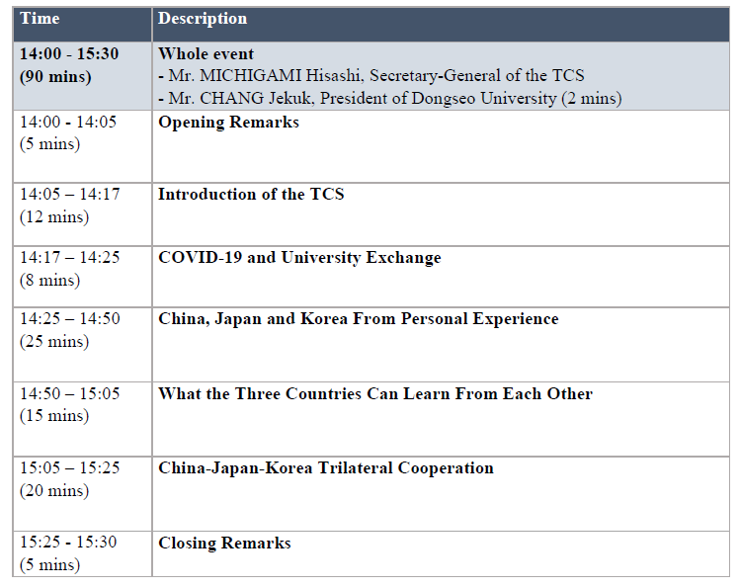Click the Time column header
(40, 19)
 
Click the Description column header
(203, 19)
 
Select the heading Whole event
(206, 53)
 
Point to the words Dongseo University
(484, 98)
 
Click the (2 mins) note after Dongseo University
(592, 98)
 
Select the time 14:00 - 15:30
(69, 53)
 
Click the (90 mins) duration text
(55, 76)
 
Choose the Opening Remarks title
(228, 123)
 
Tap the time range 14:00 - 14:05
(68, 122)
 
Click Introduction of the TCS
(251, 194)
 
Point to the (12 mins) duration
(54, 217)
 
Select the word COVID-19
(201, 257)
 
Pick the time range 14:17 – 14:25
(70, 257)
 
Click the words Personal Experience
(480, 319)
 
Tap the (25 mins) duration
(54, 342)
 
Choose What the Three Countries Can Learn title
(304, 393)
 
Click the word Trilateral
(355, 468)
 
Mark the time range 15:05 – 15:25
(70, 467)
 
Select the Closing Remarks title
(224, 544)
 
